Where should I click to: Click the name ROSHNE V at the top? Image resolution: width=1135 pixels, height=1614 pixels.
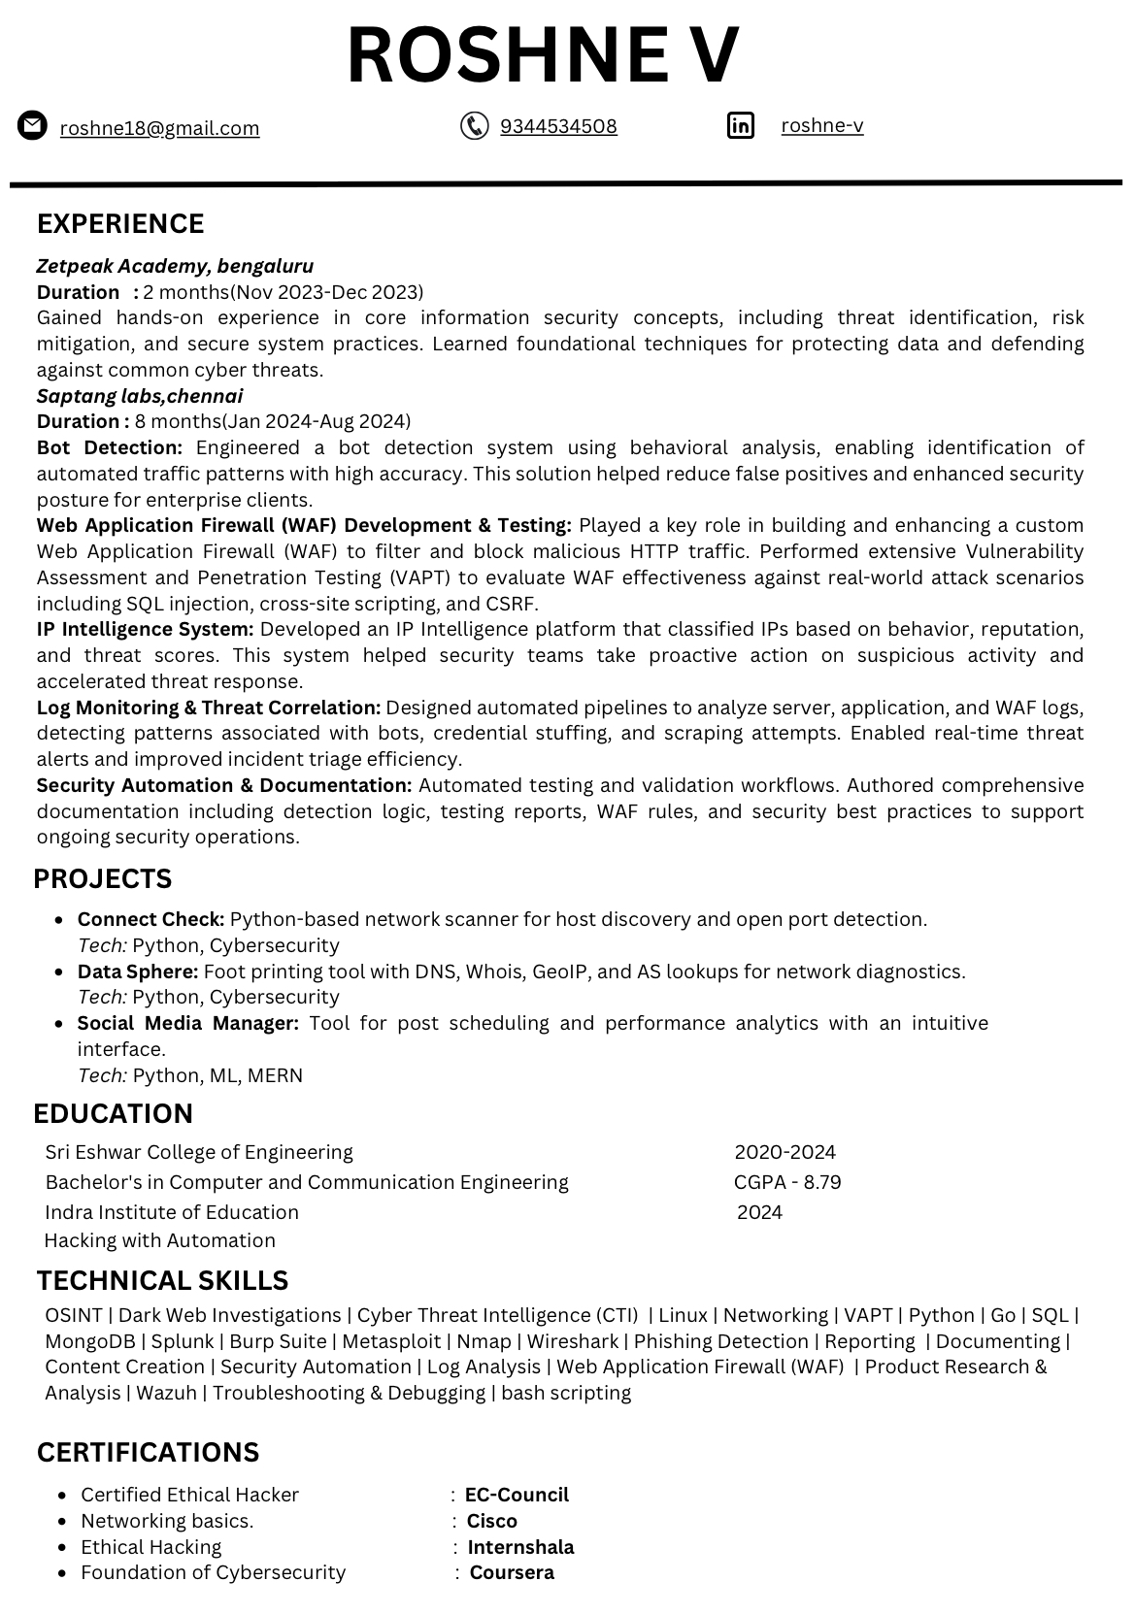tap(543, 54)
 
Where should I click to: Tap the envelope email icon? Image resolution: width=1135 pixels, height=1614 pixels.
tap(32, 126)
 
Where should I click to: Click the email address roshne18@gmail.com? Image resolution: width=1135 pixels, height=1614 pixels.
tap(159, 128)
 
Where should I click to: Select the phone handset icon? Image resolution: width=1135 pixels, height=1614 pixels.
tap(474, 126)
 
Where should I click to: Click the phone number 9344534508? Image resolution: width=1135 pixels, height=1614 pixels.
tap(558, 126)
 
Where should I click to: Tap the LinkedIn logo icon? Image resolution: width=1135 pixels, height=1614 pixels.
tap(740, 125)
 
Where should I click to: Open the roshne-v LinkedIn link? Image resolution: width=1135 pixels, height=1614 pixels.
tap(821, 125)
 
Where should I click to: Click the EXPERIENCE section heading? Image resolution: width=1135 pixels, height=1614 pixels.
tap(120, 224)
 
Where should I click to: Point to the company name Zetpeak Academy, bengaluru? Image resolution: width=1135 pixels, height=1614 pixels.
tap(175, 266)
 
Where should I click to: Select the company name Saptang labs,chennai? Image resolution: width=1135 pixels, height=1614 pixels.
tap(140, 396)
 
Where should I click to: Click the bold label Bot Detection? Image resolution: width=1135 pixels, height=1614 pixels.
tap(110, 447)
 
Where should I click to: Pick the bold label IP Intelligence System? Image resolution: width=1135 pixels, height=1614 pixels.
tap(145, 629)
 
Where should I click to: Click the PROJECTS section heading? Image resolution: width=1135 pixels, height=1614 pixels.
tap(102, 879)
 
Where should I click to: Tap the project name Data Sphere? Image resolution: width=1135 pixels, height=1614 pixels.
tap(138, 972)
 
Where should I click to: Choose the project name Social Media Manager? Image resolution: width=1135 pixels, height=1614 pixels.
tap(188, 1023)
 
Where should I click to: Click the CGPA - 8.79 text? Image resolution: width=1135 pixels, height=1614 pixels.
tap(787, 1182)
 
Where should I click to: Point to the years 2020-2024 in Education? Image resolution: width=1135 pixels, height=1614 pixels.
tap(784, 1152)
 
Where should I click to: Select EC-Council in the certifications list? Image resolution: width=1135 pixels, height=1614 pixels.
tap(517, 1495)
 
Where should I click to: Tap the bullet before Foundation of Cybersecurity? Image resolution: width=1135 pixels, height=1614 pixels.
tap(63, 1573)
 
